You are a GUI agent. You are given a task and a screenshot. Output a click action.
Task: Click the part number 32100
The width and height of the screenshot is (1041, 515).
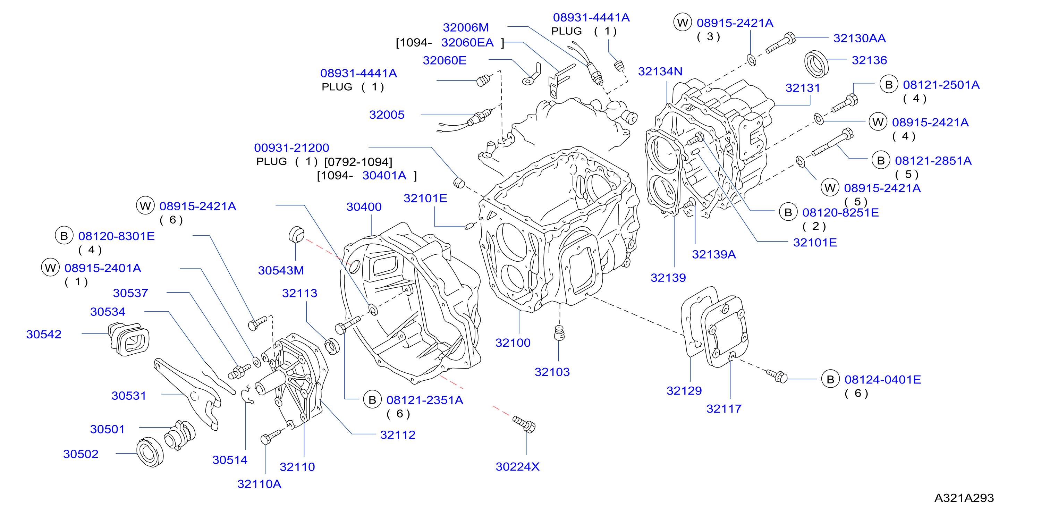513,343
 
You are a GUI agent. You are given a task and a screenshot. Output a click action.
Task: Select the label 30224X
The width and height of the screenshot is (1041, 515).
517,466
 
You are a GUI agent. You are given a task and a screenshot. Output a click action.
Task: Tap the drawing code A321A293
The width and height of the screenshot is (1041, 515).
964,498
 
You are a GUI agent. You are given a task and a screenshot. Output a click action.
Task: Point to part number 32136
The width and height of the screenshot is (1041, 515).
869,60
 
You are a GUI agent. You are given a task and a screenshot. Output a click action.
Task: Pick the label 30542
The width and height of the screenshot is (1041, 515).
44,334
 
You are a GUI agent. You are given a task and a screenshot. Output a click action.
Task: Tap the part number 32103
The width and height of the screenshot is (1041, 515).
552,372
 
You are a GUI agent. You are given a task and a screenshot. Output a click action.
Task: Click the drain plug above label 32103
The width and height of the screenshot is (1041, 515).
559,333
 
